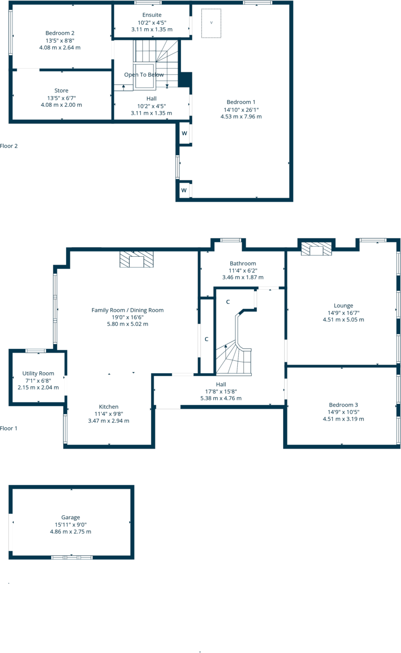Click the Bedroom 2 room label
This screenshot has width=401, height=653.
pos(60,33)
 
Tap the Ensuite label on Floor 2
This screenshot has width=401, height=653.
pos(152,15)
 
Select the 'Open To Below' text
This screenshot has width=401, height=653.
pos(144,75)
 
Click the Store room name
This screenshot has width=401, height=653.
pos(61,91)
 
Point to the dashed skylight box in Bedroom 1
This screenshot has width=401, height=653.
pos(211,23)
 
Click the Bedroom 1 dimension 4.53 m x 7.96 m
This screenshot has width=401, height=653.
pos(241,116)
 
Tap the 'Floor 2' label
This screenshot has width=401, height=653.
pos(9,146)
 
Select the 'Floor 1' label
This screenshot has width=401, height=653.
pos(9,428)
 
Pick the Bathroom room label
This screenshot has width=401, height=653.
pos(243,263)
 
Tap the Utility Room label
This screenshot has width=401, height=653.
pos(38,373)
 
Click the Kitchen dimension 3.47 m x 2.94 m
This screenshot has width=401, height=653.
pos(109,421)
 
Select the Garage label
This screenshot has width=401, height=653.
pos(70,517)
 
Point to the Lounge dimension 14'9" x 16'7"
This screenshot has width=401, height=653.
pos(343,313)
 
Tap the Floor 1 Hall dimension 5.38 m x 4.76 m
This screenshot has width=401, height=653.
pos(221,398)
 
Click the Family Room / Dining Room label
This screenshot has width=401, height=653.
pos(127,310)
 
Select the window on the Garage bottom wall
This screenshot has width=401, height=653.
pos(72,557)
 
